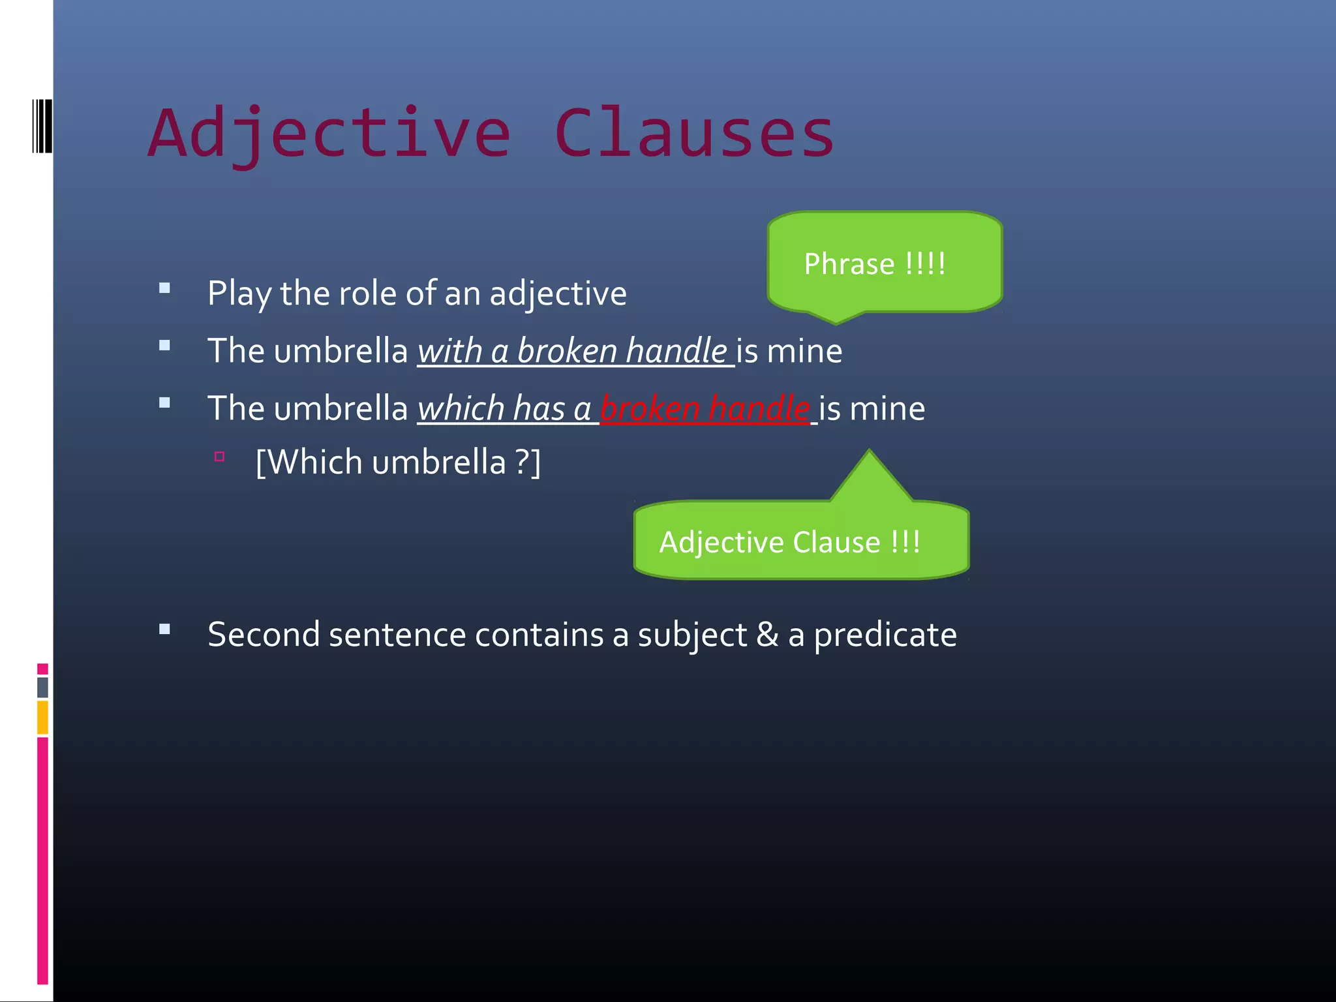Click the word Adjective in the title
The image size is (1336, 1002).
[x=329, y=134]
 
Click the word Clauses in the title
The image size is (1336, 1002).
[x=694, y=134]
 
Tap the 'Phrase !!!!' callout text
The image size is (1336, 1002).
[x=874, y=264]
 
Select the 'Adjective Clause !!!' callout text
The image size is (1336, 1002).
[x=789, y=542]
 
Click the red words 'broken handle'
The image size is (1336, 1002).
[x=705, y=409]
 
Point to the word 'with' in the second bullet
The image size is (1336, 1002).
[x=449, y=351]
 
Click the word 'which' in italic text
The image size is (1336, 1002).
[x=461, y=409]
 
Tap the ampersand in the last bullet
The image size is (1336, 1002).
[x=767, y=635]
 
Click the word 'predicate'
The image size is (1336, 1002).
[x=885, y=635]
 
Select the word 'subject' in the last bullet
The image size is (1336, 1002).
[x=692, y=635]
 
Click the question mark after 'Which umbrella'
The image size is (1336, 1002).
[x=523, y=462]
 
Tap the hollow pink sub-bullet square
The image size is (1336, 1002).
[x=219, y=457]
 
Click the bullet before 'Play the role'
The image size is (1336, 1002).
[x=164, y=288]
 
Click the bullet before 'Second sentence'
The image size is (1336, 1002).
[x=164, y=630]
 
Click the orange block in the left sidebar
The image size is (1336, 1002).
[x=42, y=717]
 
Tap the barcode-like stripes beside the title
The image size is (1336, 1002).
[x=42, y=126]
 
